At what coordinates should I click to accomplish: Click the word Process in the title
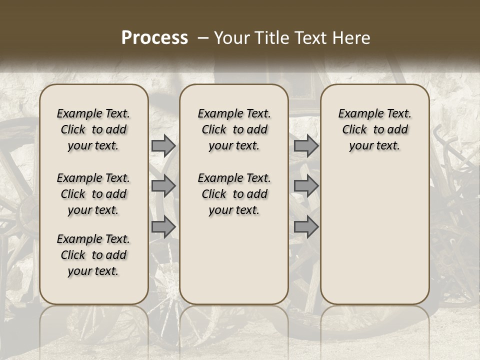coord(154,37)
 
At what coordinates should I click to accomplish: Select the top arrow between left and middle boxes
coord(163,145)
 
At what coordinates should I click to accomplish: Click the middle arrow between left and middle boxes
coord(163,186)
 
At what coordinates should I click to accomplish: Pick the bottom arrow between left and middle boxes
coord(163,226)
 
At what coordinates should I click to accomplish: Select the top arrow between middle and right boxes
coord(306,145)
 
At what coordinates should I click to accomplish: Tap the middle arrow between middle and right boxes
coord(306,186)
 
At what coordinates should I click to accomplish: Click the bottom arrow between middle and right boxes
coord(306,226)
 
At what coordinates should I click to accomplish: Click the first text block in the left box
coord(93,129)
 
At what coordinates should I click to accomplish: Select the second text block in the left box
coord(93,194)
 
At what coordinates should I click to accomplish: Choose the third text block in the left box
coord(93,255)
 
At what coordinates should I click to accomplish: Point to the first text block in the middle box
coord(234,129)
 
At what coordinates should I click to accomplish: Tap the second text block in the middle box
coord(234,194)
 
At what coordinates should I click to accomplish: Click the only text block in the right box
coord(374,129)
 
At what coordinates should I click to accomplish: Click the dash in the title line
coord(203,37)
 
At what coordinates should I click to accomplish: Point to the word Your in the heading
coord(230,37)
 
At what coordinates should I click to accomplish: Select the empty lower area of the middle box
coord(234,260)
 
